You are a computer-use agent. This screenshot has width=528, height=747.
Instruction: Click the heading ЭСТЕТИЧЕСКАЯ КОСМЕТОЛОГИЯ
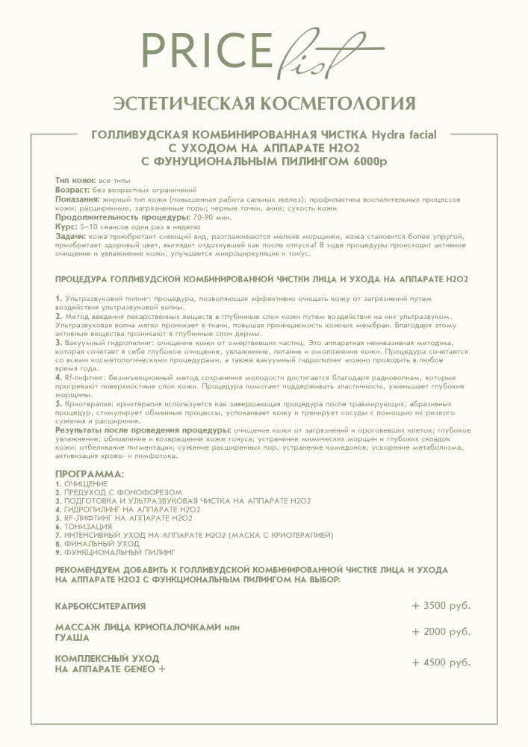coord(264,103)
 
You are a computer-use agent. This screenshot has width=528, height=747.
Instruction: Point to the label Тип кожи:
coord(76,182)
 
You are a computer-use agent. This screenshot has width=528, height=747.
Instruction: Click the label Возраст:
coord(73,190)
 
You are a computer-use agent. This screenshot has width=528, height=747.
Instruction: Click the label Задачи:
coord(71,235)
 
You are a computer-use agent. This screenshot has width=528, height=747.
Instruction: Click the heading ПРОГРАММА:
coord(90,474)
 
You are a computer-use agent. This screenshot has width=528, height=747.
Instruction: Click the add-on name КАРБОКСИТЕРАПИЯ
coord(101,605)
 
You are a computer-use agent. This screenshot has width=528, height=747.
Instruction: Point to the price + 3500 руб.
coord(441,605)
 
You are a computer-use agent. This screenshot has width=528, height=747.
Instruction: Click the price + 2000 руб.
coord(441,631)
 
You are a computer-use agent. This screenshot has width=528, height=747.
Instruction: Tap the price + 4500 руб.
coord(441,663)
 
